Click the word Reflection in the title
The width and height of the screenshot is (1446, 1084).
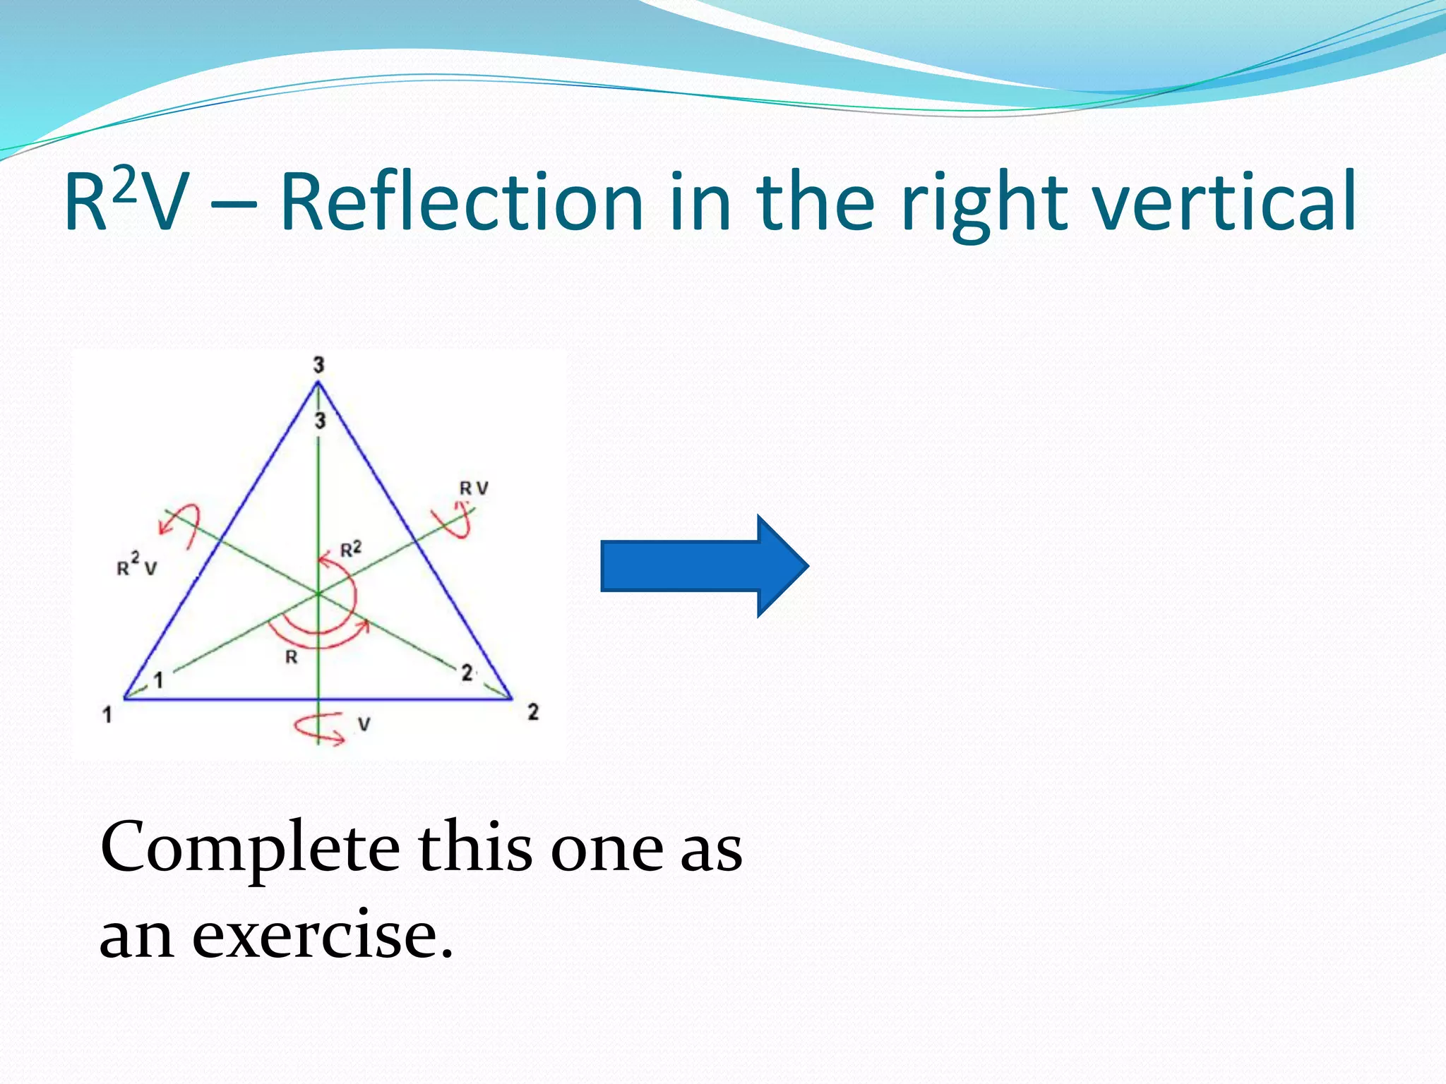[x=462, y=203]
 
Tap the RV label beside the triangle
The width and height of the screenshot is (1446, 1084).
[x=474, y=488]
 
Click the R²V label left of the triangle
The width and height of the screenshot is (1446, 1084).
[x=137, y=565]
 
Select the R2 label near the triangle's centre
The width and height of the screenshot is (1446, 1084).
[x=351, y=549]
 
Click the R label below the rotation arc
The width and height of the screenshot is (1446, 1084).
[x=291, y=658]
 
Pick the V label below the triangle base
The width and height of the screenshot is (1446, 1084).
[x=364, y=724]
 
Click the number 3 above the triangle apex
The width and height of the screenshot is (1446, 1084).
[x=319, y=365]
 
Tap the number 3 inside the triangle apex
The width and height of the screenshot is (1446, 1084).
[x=320, y=421]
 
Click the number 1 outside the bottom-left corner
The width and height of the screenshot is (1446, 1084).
[x=107, y=715]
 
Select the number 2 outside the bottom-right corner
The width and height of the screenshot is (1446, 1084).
[x=533, y=712]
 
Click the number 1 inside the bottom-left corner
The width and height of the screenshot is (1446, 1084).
[x=159, y=680]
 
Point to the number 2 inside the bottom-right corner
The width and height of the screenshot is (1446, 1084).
[x=467, y=673]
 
